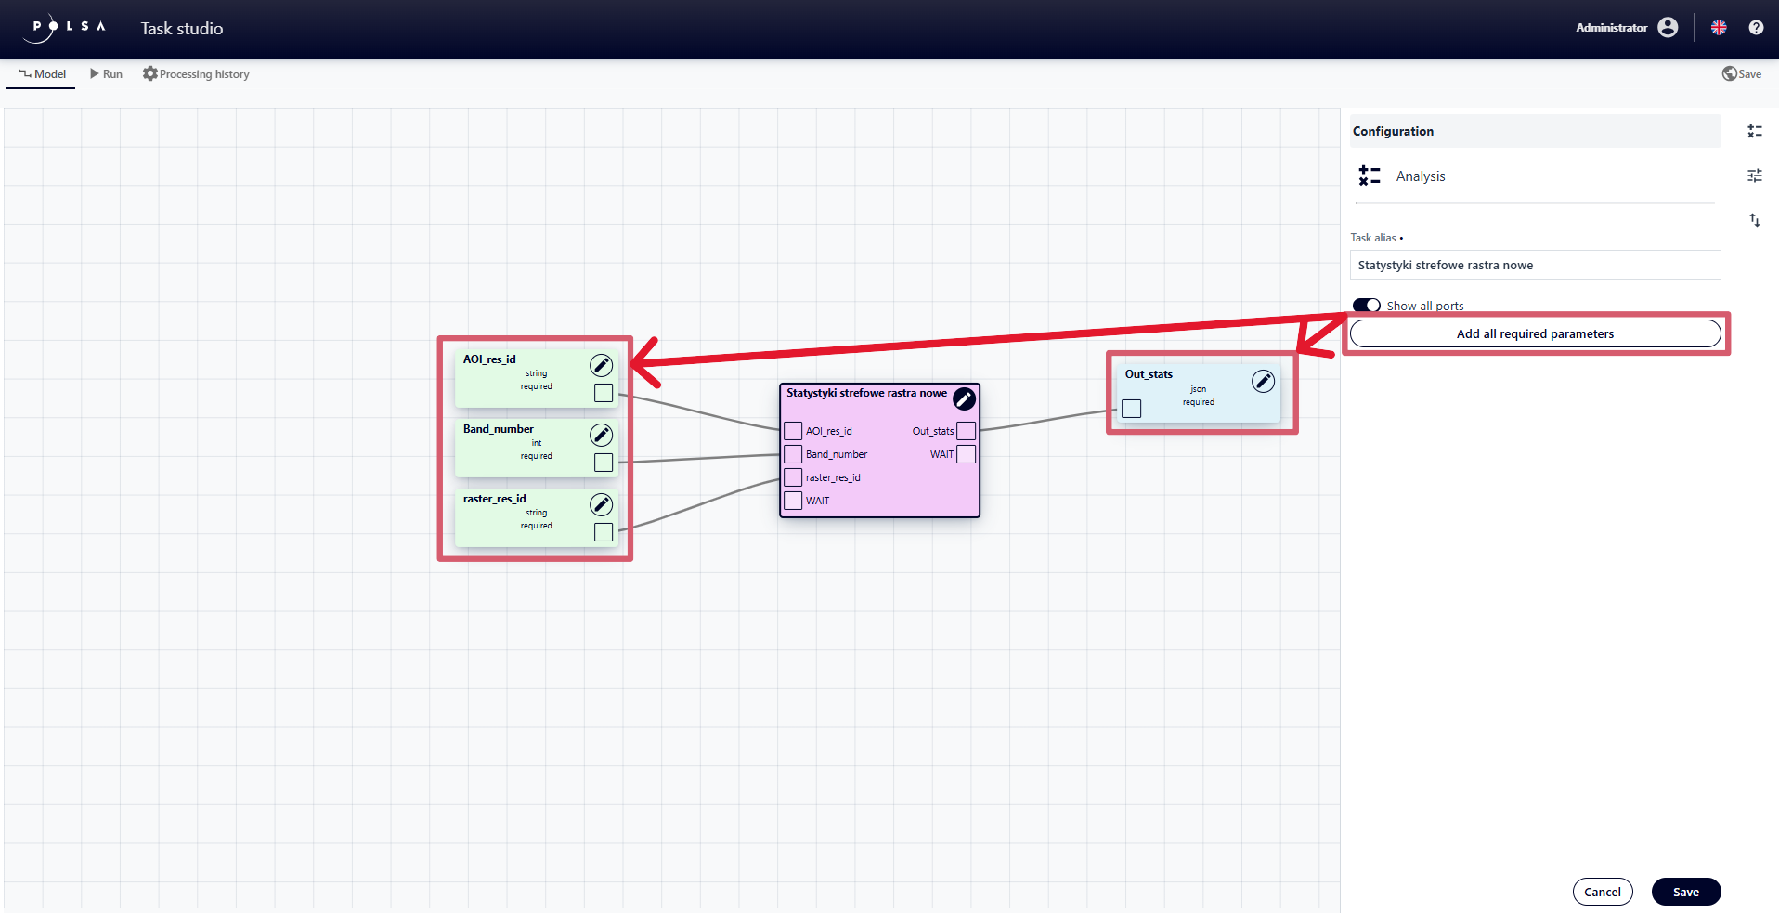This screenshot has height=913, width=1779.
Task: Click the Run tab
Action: click(x=106, y=74)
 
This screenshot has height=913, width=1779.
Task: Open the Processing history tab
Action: click(x=196, y=74)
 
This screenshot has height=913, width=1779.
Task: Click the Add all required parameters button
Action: click(x=1534, y=333)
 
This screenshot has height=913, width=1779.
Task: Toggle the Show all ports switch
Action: click(x=1366, y=306)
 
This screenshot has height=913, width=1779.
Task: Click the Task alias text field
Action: click(x=1534, y=265)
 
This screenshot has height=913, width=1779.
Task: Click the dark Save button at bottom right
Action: click(x=1685, y=892)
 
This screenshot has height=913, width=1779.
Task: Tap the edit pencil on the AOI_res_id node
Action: click(x=602, y=365)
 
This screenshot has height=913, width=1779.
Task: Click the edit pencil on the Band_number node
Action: click(x=602, y=435)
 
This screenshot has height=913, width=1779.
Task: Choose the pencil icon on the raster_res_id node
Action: click(x=602, y=504)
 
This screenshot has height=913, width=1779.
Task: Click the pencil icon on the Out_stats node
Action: click(x=1263, y=381)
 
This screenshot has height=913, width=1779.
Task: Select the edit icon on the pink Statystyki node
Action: click(x=964, y=398)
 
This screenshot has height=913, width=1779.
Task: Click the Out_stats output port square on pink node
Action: click(x=966, y=431)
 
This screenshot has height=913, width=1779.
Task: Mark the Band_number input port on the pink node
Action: click(x=793, y=454)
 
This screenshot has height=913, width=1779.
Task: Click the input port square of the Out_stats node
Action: click(x=1131, y=409)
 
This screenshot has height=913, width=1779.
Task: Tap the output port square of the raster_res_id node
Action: click(x=604, y=532)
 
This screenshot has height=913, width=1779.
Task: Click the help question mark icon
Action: click(x=1756, y=28)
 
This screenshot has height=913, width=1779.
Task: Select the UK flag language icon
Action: click(x=1719, y=28)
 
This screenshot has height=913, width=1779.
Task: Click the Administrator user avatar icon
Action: click(x=1668, y=28)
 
